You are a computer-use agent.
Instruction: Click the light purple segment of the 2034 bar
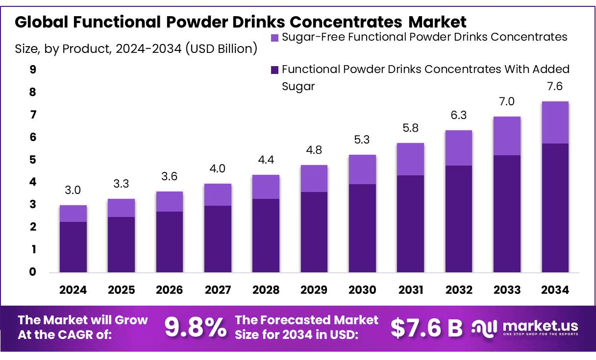555,122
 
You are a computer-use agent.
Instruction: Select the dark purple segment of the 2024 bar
73,247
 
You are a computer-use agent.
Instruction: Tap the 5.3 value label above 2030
362,140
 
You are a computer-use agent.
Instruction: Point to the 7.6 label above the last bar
555,87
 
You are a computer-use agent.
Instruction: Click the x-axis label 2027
218,290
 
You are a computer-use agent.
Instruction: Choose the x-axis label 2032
459,290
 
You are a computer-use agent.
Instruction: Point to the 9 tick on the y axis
33,70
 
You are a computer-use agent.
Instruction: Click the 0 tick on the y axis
33,272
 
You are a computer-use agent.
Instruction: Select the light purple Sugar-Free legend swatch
274,37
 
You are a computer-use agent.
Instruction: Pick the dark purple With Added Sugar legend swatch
274,70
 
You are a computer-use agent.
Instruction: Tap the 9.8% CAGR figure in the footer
195,327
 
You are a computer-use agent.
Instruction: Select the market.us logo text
540,326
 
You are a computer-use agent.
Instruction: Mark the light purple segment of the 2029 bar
314,178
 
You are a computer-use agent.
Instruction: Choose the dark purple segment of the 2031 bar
410,223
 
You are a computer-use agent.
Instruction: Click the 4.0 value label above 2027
218,169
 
